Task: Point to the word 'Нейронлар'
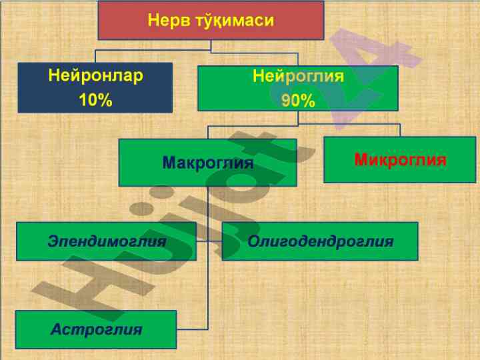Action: click(95, 75)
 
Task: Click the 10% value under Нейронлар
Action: click(95, 100)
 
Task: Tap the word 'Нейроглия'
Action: click(298, 76)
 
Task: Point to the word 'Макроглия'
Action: click(208, 163)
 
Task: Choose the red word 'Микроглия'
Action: click(400, 160)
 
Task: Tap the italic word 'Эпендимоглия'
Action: click(107, 241)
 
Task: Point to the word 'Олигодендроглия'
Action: click(320, 241)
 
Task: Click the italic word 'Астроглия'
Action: click(97, 329)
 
